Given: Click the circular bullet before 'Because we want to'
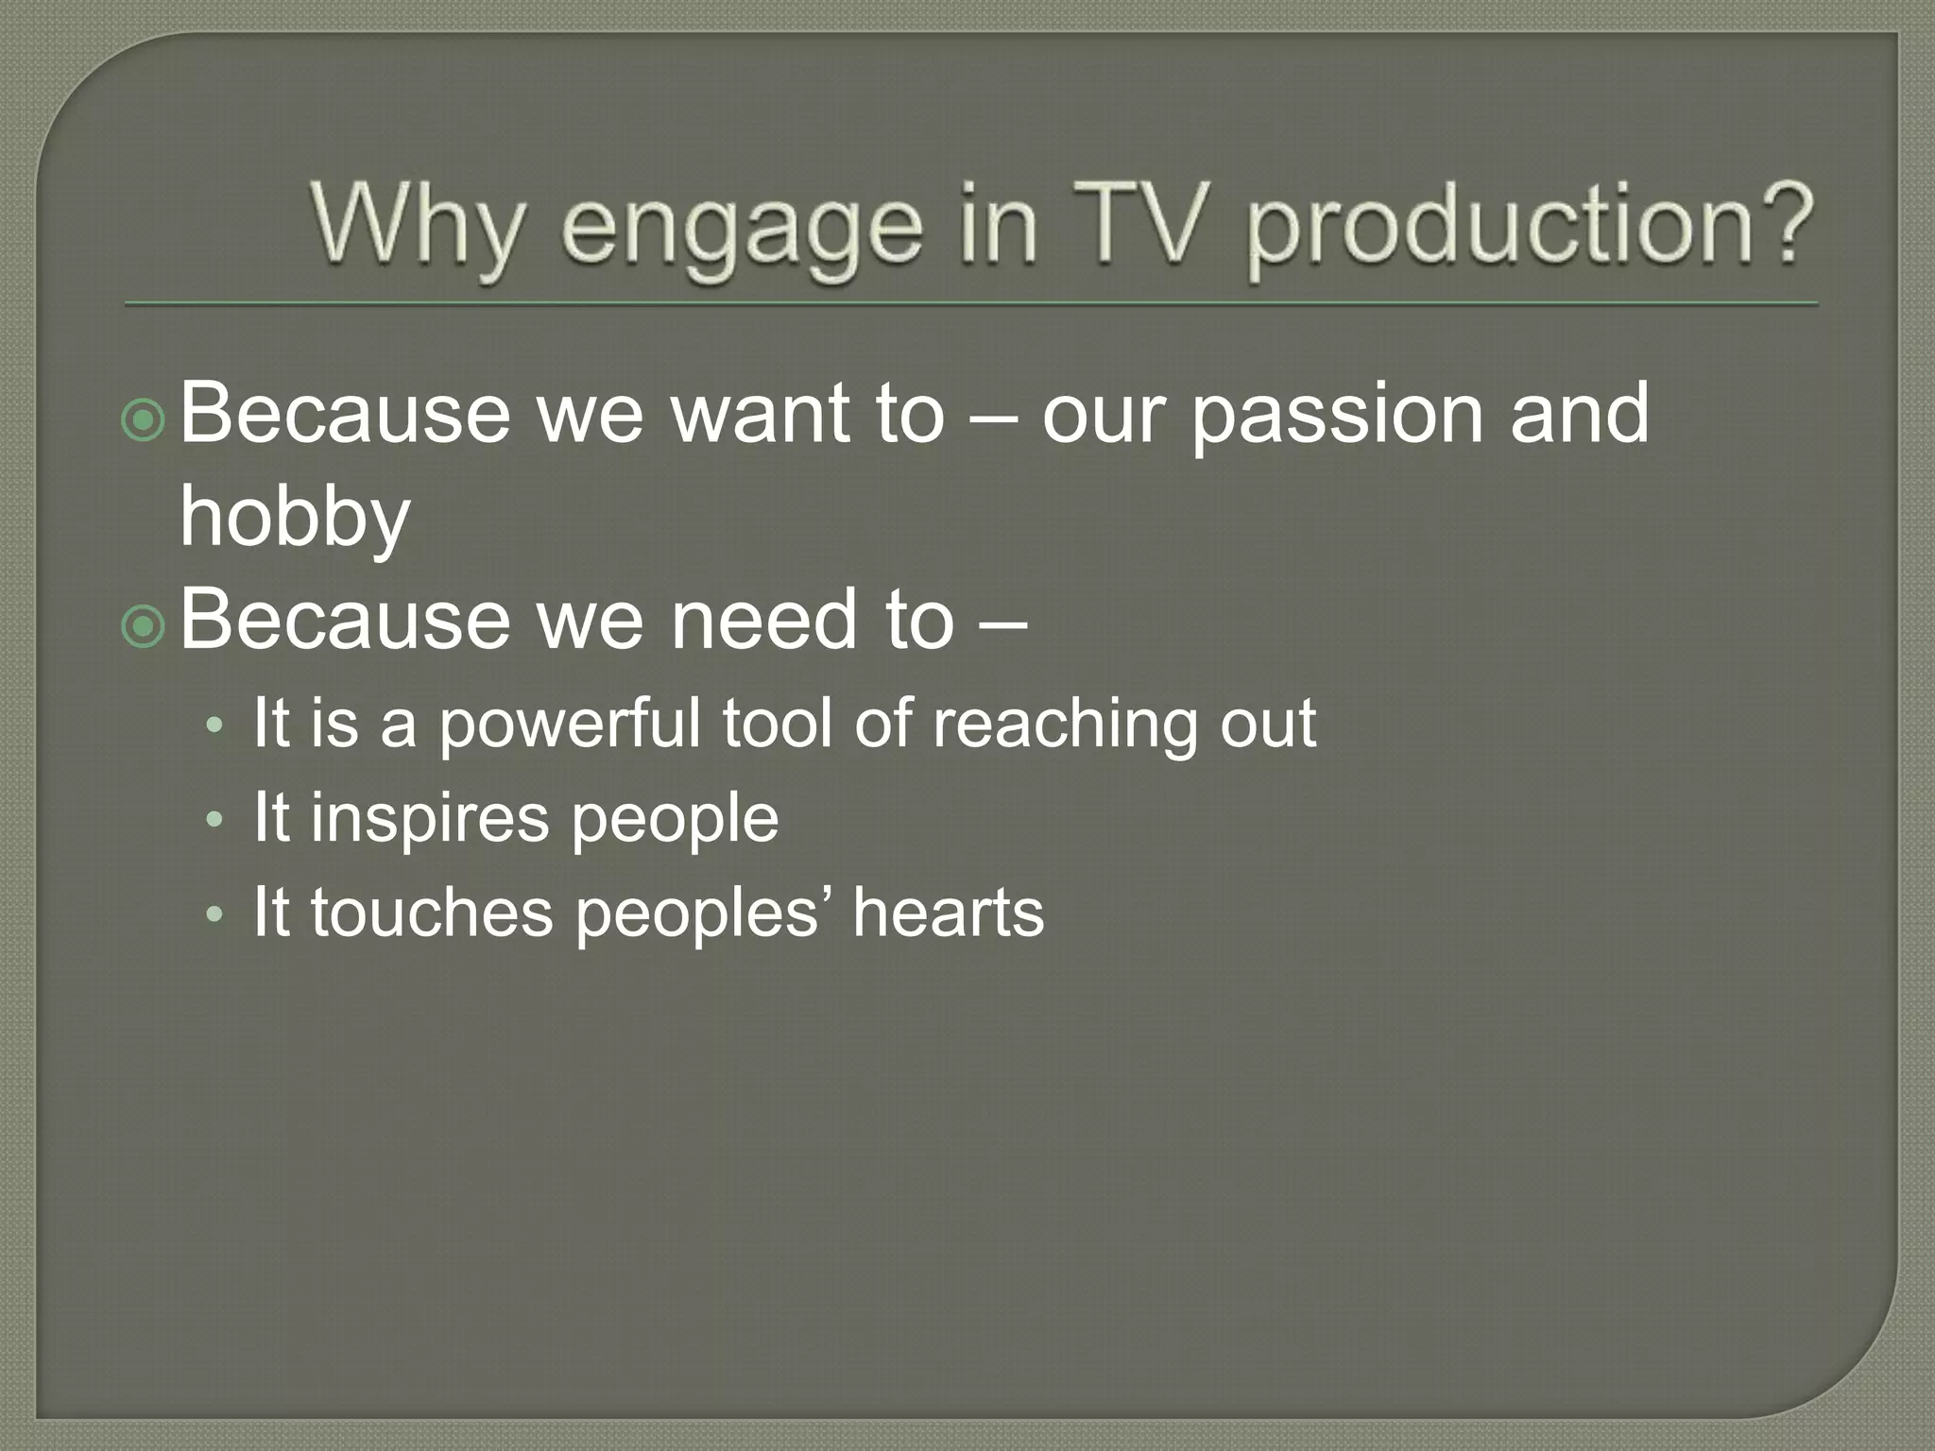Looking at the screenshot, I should tap(144, 420).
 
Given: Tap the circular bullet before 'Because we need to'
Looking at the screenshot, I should tap(144, 626).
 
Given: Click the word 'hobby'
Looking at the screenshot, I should tap(295, 520).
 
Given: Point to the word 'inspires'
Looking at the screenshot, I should tap(430, 820).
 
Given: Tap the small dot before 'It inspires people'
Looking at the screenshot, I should tap(215, 819).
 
